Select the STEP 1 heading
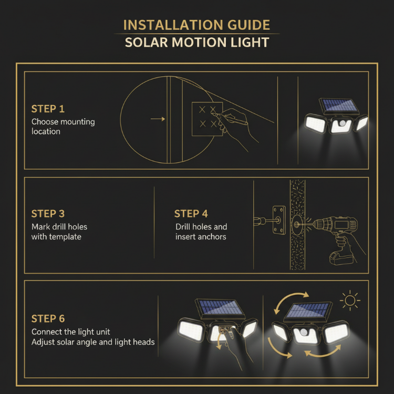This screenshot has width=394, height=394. click(x=48, y=109)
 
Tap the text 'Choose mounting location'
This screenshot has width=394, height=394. click(x=63, y=127)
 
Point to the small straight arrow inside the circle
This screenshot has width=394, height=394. click(x=158, y=119)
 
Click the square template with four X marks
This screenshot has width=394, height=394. click(x=207, y=118)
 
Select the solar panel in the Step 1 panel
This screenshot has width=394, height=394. click(x=340, y=106)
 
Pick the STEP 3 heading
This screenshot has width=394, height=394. click(x=48, y=214)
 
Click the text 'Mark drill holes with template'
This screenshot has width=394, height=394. click(x=59, y=232)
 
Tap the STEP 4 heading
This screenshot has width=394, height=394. click(x=191, y=214)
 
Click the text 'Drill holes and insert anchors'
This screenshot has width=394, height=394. click(x=201, y=232)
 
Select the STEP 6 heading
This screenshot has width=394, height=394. click(x=48, y=319)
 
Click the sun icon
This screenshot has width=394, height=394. click(x=349, y=301)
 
